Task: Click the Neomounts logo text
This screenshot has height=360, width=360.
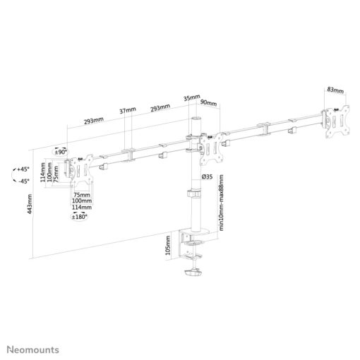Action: pyautogui.click(x=33, y=349)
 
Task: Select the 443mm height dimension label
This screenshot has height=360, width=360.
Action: pyautogui.click(x=30, y=204)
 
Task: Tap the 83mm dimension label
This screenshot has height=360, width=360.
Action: pyautogui.click(x=335, y=90)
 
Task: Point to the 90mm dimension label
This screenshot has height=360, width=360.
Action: pyautogui.click(x=208, y=103)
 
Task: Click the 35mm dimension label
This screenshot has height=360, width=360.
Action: pyautogui.click(x=192, y=97)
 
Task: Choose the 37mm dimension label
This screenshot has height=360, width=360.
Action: pyautogui.click(x=128, y=110)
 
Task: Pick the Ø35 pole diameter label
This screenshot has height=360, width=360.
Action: pyautogui.click(x=208, y=176)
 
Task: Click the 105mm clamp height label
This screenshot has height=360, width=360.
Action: pyautogui.click(x=168, y=246)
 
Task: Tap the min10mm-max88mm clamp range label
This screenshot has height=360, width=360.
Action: pyautogui.click(x=221, y=203)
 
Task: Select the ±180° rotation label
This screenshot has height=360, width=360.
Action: pyautogui.click(x=80, y=217)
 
